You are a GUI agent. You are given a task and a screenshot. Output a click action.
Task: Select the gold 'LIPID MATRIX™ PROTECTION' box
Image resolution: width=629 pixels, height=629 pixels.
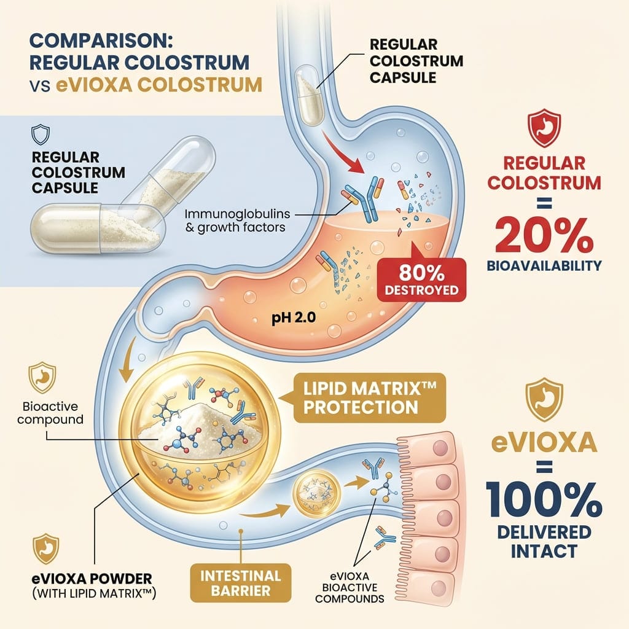coord(361,397)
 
